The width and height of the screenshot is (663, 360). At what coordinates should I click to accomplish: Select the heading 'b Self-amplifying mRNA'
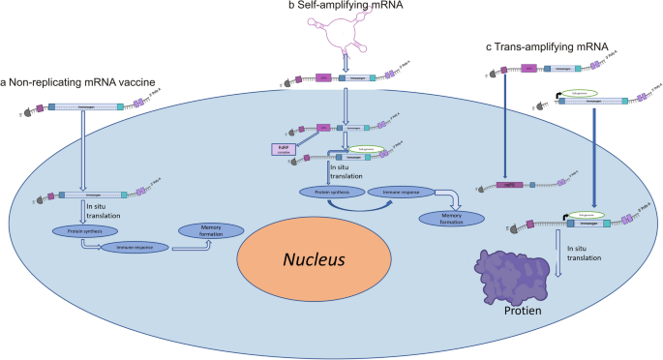pos(317,7)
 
